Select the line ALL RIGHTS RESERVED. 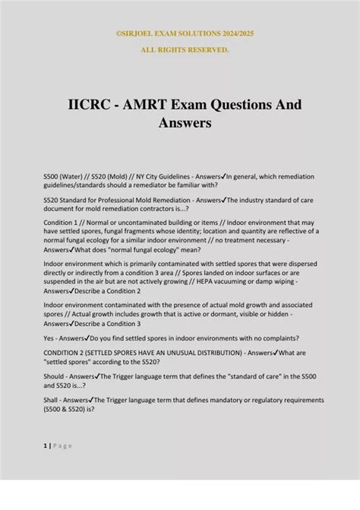[x=180, y=49]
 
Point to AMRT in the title [x=152, y=104]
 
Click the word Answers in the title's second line [x=180, y=122]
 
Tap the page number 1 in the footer [x=45, y=446]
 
